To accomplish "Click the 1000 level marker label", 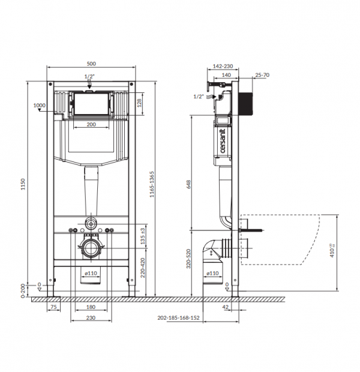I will pos(40,106).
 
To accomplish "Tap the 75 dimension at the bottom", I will pos(53,307).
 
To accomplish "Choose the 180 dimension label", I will pos(90,307).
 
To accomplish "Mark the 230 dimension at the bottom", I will pos(90,318).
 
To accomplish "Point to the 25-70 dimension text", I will pos(262,75).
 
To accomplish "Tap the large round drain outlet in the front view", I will pos(90,247).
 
